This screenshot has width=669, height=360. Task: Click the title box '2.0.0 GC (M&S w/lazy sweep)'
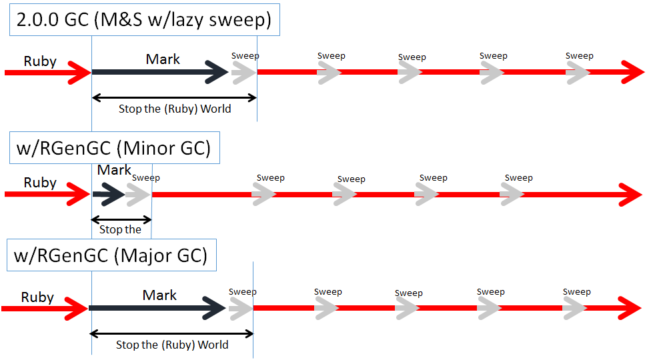(144, 20)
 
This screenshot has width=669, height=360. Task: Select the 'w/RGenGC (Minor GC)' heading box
(114, 148)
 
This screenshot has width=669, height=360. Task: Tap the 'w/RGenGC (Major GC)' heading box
(111, 255)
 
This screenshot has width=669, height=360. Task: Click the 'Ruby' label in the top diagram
(40, 62)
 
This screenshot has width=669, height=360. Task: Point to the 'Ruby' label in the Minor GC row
(40, 183)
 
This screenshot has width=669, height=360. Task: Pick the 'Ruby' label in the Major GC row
(37, 297)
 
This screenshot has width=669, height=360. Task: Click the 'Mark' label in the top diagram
(163, 59)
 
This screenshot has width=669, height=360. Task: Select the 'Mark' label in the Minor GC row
(114, 170)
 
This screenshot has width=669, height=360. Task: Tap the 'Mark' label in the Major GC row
(159, 295)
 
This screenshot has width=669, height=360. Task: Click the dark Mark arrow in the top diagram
(160, 72)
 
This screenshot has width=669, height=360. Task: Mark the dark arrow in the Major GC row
(157, 308)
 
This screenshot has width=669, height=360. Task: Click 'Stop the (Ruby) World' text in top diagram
(175, 109)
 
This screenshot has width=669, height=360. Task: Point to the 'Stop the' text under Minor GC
(120, 229)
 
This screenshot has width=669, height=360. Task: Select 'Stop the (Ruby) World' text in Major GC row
(172, 345)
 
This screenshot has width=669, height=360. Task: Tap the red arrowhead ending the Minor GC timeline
(630, 195)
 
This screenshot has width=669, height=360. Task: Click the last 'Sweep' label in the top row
(580, 56)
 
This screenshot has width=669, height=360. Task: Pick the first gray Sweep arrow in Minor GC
(139, 195)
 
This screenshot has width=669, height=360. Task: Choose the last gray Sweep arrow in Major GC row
(574, 308)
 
